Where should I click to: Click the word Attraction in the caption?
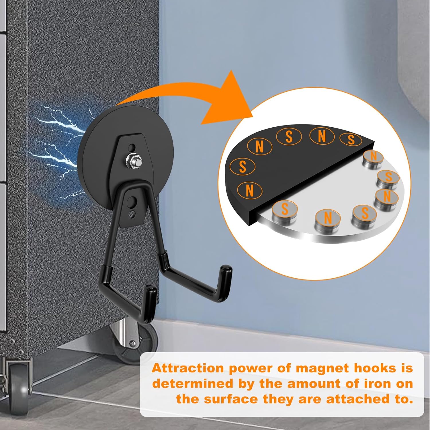pyautogui.click(x=188, y=368)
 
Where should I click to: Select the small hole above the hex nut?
pyautogui.click(x=132, y=148)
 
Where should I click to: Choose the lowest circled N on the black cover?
pyautogui.click(x=250, y=190)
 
